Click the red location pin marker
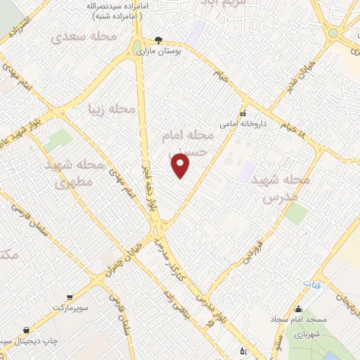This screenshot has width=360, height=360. click(181, 165)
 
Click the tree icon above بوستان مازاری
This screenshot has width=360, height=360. click(159, 40)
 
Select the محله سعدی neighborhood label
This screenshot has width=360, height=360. click(79, 35)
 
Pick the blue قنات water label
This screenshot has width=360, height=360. click(311, 283)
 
